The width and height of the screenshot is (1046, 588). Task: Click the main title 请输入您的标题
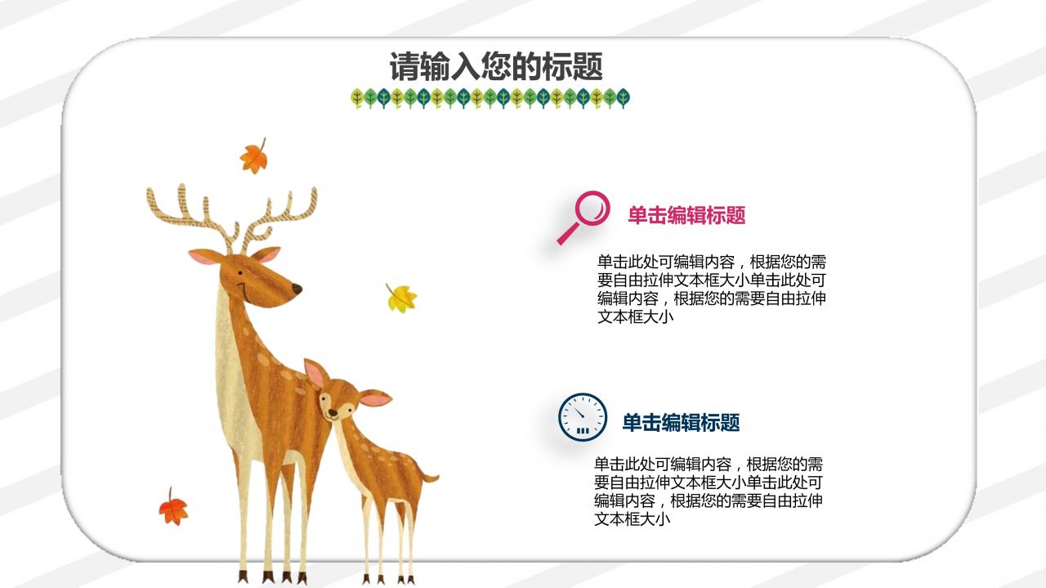(x=496, y=67)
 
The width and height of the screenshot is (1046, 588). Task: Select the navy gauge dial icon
(x=583, y=417)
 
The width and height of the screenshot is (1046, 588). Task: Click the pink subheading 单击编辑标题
(x=686, y=216)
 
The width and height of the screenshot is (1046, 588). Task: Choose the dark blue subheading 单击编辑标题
(x=681, y=423)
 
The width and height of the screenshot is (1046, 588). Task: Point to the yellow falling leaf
(x=401, y=298)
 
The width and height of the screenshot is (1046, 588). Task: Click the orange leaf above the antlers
(x=254, y=155)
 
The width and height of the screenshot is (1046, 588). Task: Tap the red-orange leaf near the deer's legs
(x=173, y=508)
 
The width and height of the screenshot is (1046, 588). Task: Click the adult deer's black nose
(x=297, y=289)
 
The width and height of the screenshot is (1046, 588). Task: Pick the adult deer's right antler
(x=282, y=213)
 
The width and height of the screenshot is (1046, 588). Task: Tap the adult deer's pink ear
(x=202, y=258)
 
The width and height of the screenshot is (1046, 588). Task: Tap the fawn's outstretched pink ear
(x=376, y=399)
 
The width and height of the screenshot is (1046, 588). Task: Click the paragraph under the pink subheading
(x=711, y=290)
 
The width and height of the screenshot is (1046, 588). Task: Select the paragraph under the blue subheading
(x=708, y=491)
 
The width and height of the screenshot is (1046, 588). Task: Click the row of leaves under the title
(x=490, y=99)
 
